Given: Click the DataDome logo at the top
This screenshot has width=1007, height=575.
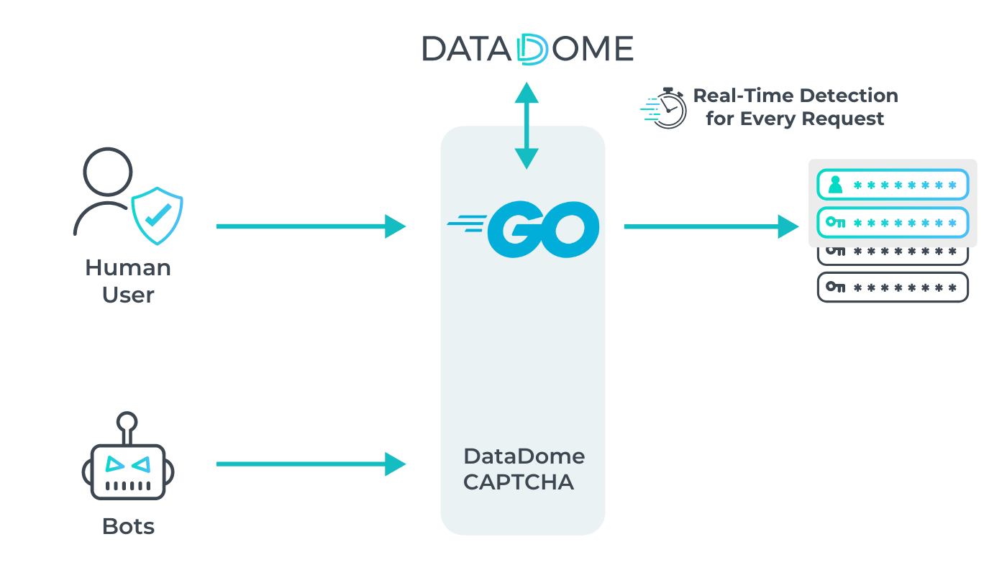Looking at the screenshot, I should point(527,49).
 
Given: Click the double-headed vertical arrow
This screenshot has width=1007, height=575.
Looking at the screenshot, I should point(527,126).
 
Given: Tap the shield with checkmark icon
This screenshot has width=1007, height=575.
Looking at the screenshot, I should point(157,214).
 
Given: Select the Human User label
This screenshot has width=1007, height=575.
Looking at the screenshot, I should point(128,281).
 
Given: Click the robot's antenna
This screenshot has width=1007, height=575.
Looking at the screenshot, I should point(127,424).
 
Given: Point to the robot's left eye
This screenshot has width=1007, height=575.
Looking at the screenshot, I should point(114,464).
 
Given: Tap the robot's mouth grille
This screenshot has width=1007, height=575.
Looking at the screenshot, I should point(128,486).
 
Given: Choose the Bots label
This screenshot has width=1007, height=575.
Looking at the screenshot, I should point(128,526).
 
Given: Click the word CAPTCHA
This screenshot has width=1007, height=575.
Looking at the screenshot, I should point(519,482).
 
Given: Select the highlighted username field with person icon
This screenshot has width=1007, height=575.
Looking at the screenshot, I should point(893,185).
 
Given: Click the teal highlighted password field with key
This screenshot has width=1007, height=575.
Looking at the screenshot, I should point(893,222).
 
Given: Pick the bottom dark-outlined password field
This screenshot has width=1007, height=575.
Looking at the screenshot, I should point(893,287).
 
